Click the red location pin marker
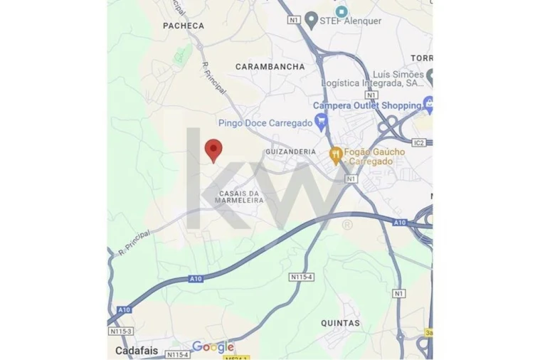click(x=213, y=149)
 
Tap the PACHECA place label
click(x=184, y=26)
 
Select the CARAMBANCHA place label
click(x=270, y=66)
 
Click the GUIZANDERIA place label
click(x=290, y=152)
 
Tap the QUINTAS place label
click(x=340, y=322)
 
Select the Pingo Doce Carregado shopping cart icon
click(x=322, y=122)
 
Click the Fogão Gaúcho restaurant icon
click(x=336, y=154)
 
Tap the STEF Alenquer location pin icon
click(x=312, y=21)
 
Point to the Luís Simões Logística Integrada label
click(x=373, y=79)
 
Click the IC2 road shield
click(x=418, y=143)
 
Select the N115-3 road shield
click(x=121, y=332)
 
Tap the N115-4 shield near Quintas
click(x=302, y=276)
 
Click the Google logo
click(x=213, y=347)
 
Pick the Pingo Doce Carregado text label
click(x=265, y=122)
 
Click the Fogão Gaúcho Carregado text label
click(x=374, y=157)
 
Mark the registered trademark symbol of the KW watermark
click(x=347, y=226)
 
